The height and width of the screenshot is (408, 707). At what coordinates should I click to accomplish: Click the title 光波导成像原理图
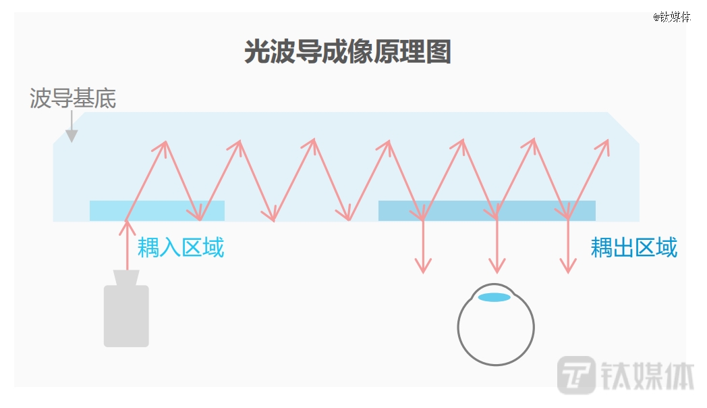coord(347,51)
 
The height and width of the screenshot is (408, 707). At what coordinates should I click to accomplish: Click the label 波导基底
coord(73,98)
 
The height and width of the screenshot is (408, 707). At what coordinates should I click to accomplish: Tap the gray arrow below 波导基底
coord(72,127)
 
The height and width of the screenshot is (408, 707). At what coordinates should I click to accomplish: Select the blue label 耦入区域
coord(180,247)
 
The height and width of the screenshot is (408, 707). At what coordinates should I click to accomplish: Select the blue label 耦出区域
coord(634,247)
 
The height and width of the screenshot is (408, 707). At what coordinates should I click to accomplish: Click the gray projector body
coord(126,316)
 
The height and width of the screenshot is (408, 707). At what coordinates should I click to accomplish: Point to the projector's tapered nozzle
coord(126,278)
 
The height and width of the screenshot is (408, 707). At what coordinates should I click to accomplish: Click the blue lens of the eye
coord(494,297)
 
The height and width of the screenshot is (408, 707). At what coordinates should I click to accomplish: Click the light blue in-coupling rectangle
coord(157,211)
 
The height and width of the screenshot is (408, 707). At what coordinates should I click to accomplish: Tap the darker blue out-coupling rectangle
coord(487,211)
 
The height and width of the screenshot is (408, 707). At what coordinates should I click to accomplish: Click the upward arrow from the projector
coord(127,245)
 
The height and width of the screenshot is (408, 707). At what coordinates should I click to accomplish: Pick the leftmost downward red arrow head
coord(423,266)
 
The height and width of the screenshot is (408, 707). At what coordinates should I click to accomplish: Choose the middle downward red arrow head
coord(497,266)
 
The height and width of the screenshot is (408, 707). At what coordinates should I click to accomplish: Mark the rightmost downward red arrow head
coord(568,266)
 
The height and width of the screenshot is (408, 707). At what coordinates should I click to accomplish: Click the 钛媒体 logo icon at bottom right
coord(576,375)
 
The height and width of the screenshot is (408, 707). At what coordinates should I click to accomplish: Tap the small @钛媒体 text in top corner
coord(672,17)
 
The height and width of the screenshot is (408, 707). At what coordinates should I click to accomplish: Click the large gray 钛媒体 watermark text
coord(648,376)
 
